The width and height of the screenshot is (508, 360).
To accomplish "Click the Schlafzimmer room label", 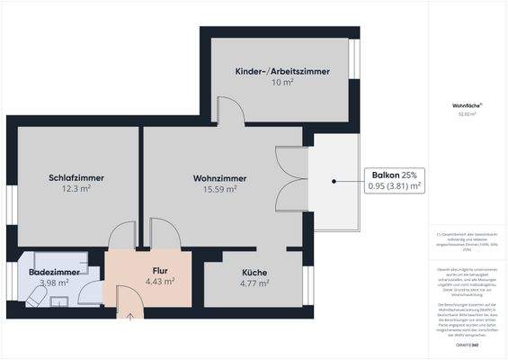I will click(x=76, y=177).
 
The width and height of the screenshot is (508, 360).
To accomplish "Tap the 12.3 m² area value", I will click(x=76, y=189).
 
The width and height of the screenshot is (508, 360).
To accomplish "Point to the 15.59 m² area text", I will click(x=219, y=189).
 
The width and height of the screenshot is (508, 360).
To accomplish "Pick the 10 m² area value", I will click(x=282, y=82).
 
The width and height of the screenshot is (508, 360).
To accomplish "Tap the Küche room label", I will click(x=254, y=273).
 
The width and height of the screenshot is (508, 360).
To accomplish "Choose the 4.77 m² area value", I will click(x=254, y=283).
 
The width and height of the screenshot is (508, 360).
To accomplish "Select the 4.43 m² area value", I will click(x=160, y=281).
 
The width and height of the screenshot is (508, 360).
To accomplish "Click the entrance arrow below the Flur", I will click(x=130, y=315).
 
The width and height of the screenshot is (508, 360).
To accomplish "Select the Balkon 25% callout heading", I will click(x=394, y=174).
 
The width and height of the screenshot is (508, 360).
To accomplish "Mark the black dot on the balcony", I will click(x=334, y=180).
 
